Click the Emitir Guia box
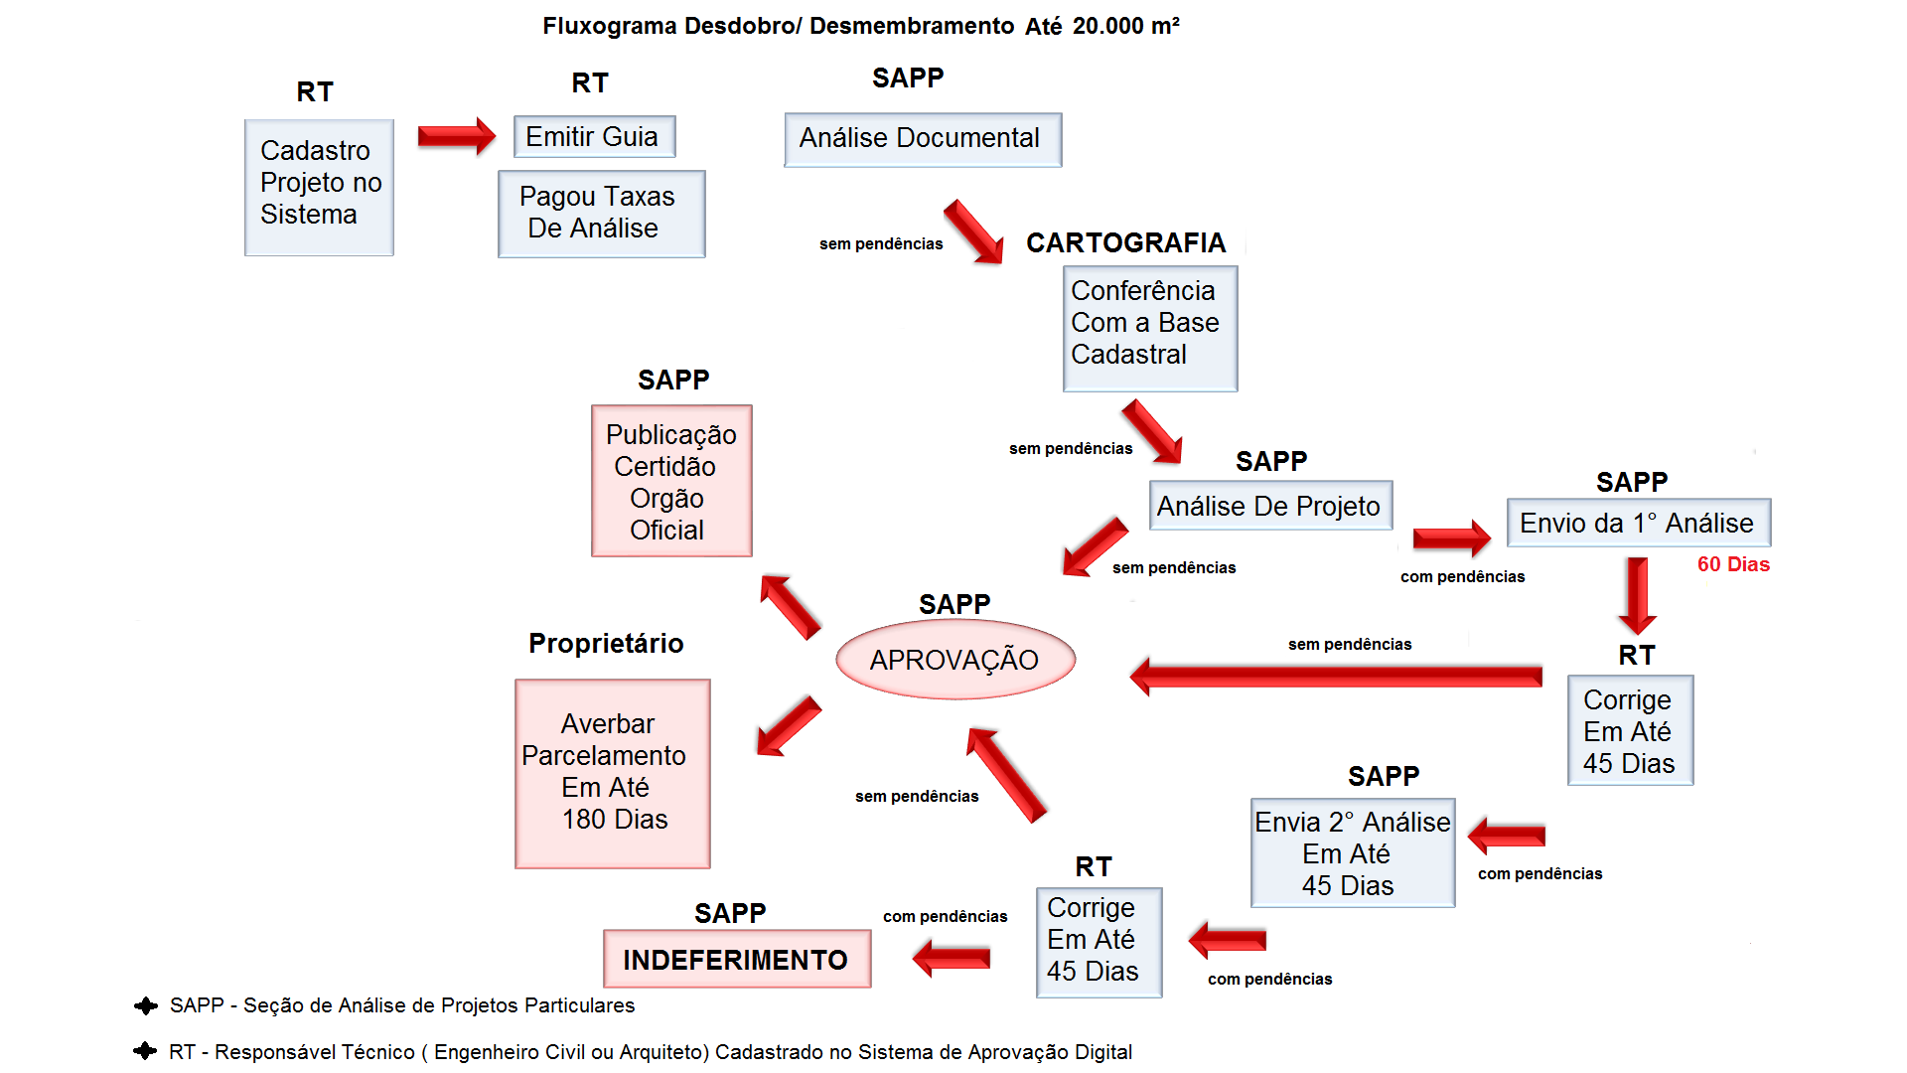(594, 137)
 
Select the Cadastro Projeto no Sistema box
(319, 187)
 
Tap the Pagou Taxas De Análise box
(601, 214)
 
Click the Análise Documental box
(922, 139)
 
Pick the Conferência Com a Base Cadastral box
(1149, 327)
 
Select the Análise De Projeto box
(1269, 506)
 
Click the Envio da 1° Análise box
(1638, 523)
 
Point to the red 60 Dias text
(1733, 564)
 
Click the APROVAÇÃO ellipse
(954, 660)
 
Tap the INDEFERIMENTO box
(736, 959)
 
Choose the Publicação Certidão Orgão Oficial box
(671, 481)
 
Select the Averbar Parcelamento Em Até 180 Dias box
(612, 773)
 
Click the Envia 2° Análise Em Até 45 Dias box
(1352, 852)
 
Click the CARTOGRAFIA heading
(1125, 242)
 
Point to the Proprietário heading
(606, 643)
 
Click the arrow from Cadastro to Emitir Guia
(456, 136)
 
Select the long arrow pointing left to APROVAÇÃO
(1335, 677)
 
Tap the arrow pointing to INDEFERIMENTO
(951, 958)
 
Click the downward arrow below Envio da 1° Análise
(1637, 595)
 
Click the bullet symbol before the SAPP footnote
(146, 1005)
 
